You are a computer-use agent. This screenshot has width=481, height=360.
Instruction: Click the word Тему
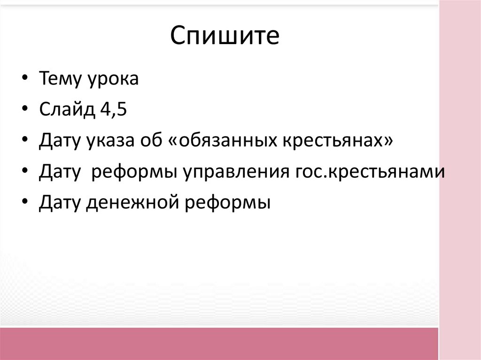click(x=60, y=79)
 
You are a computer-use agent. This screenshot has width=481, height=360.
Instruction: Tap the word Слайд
click(x=66, y=111)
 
